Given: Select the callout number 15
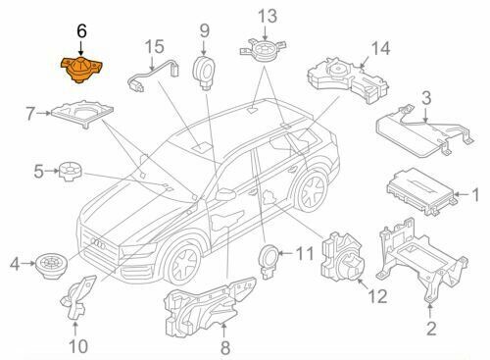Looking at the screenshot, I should coord(154,46).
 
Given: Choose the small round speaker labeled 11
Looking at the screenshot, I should coord(268,257).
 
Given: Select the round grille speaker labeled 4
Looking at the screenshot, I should coord(49,262).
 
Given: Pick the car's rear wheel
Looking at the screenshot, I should coord(316,191).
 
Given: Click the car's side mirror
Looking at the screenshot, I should coord(226,193).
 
